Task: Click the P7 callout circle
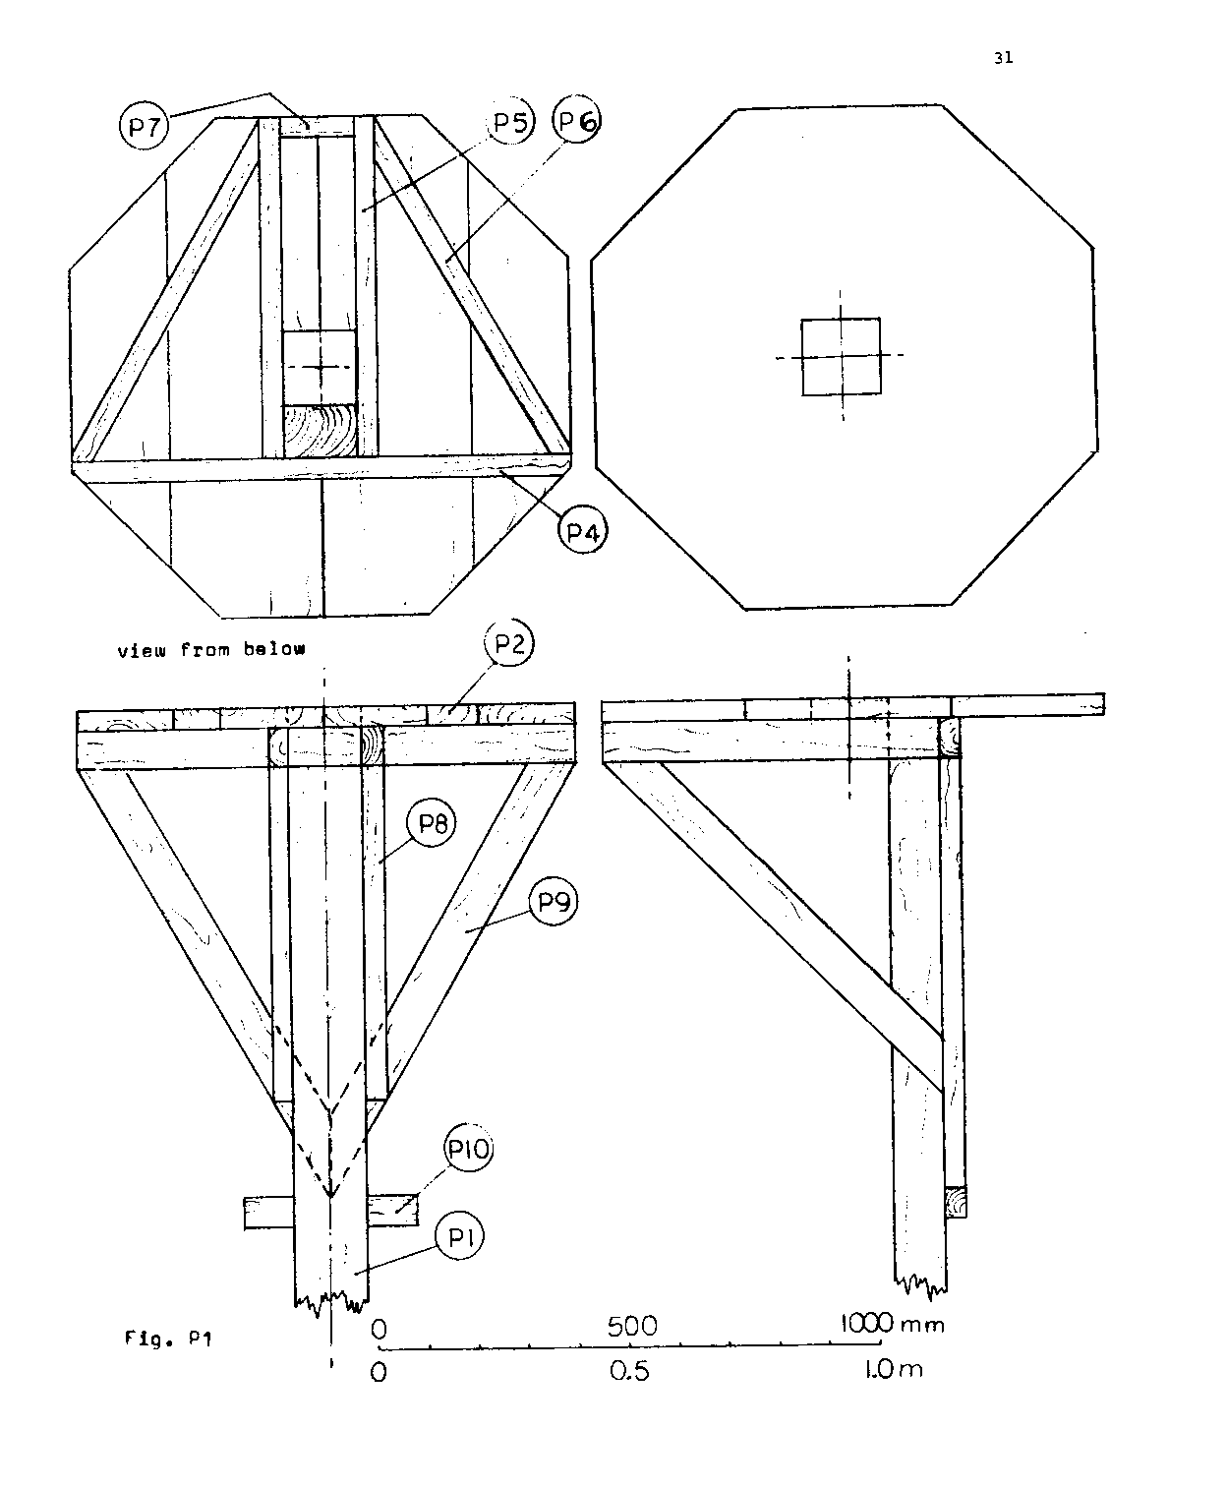tap(145, 126)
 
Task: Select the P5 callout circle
tap(511, 123)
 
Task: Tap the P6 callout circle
tap(577, 119)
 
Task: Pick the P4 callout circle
tap(583, 530)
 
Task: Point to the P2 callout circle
tap(509, 643)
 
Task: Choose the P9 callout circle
tap(554, 902)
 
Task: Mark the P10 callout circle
tap(469, 1149)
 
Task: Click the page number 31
tap(1003, 58)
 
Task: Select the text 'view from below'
tap(211, 649)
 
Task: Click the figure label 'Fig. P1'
tap(168, 1339)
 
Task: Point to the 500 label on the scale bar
tap(631, 1327)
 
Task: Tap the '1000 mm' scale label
tap(892, 1325)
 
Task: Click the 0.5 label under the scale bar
tap(629, 1371)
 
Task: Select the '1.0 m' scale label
tap(894, 1369)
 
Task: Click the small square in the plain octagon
tap(841, 357)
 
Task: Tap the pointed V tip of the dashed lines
tap(330, 1197)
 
